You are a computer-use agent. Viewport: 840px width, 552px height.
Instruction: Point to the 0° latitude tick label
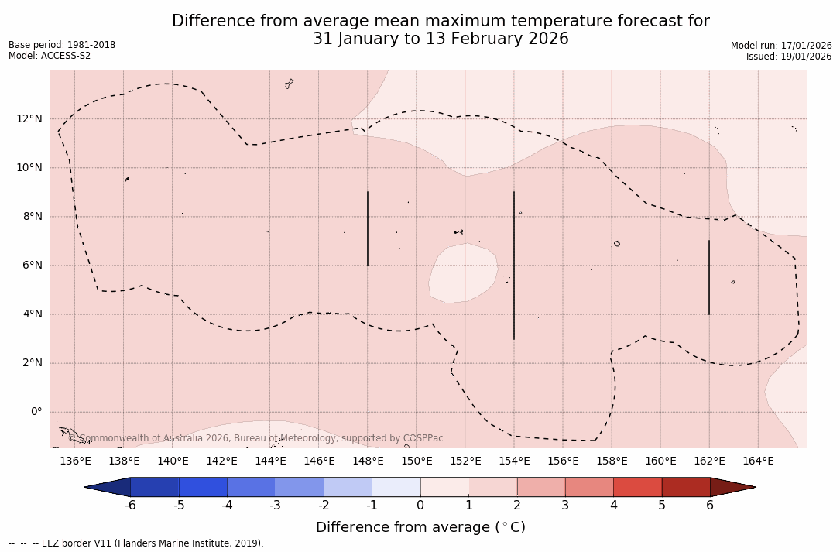point(36,412)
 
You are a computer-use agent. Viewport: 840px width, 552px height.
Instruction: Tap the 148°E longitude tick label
point(368,461)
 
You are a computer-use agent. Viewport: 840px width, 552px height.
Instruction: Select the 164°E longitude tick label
point(758,461)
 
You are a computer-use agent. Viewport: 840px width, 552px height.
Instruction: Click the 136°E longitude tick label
point(75,461)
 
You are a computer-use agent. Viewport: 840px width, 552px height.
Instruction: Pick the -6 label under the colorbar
point(130,506)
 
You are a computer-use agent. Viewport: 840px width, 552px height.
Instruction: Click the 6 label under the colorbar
point(710,506)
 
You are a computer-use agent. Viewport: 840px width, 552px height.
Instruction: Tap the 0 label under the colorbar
point(420,506)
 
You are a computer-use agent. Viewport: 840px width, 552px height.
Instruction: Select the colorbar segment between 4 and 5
point(637,487)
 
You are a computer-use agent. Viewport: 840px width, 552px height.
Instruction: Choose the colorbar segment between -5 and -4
point(203,487)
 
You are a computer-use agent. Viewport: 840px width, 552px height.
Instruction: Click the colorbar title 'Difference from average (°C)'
point(420,527)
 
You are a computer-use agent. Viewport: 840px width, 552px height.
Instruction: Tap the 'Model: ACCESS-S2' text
point(50,56)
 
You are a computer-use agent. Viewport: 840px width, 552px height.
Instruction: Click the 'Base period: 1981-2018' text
point(62,45)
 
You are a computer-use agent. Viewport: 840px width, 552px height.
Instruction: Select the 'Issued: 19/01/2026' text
point(789,57)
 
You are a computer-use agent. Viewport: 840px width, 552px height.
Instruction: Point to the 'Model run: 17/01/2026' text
point(781,46)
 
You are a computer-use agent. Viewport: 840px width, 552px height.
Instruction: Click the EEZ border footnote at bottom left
point(136,543)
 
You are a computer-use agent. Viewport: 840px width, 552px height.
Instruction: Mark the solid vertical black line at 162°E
point(708,277)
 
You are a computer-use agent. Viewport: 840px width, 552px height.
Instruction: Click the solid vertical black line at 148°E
point(368,228)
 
